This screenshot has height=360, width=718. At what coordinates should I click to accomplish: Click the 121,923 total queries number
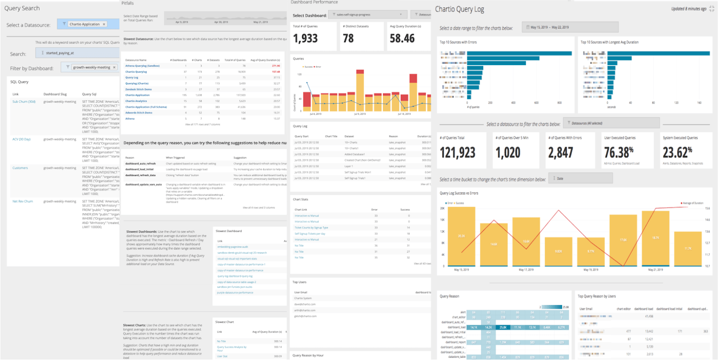point(464,152)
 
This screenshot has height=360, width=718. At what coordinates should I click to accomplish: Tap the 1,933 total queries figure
point(305,38)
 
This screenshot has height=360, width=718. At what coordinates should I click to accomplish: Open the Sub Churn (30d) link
point(24,101)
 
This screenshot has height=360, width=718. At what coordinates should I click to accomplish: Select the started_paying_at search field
point(78,53)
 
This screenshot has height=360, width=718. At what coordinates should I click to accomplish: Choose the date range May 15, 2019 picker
point(569,28)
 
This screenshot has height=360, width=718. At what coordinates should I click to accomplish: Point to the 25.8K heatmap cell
point(503,327)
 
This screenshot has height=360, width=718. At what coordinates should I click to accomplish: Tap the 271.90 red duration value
point(276,66)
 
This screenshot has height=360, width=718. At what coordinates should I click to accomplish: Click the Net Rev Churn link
point(22,201)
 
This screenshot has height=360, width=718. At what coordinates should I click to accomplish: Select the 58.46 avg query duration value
point(402,38)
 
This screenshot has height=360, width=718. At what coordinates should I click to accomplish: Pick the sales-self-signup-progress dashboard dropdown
point(368,15)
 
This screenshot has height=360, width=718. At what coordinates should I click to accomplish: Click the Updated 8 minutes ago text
point(689,9)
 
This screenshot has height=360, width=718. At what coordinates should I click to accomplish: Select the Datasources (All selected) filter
point(611,123)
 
